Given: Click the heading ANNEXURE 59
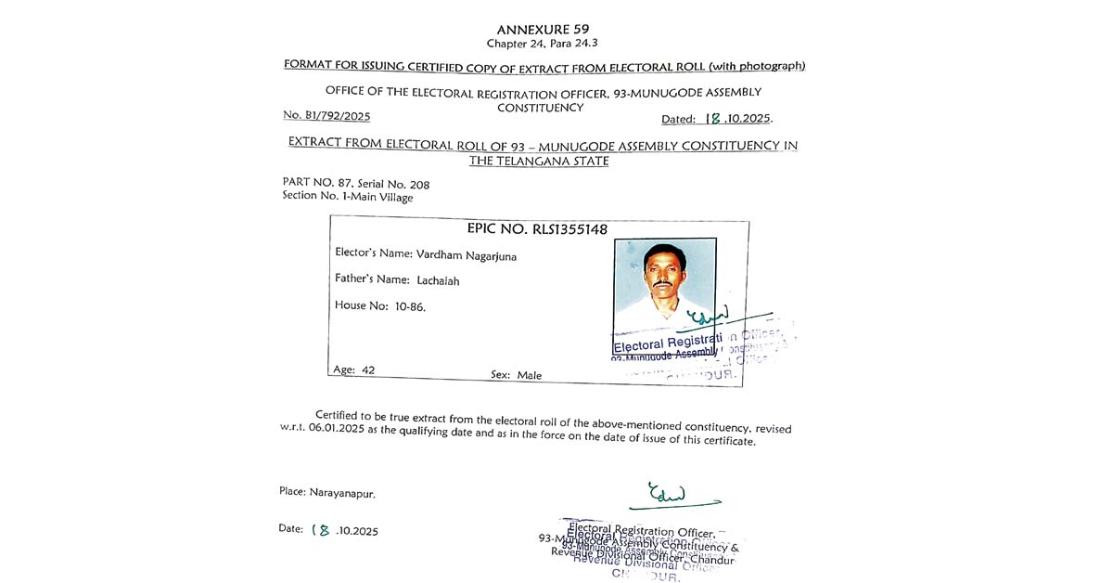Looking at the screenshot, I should coord(543,30).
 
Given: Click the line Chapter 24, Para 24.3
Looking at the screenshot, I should coord(543,44).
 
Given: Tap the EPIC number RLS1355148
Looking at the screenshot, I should coord(569,229).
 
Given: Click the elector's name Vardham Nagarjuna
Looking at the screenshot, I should coord(467,256).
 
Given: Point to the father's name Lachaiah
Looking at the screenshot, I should coord(438,280).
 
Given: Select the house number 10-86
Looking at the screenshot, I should coord(410,306).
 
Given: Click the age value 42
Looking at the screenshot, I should coord(368,369).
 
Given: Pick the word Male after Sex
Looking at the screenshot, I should coord(530,375).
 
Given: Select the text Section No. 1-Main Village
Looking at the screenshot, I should coord(348,197).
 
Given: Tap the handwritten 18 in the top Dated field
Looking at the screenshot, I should coord(713,118).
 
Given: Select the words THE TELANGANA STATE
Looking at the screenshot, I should coord(539,161).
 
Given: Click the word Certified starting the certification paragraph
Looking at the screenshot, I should coord(339,415).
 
